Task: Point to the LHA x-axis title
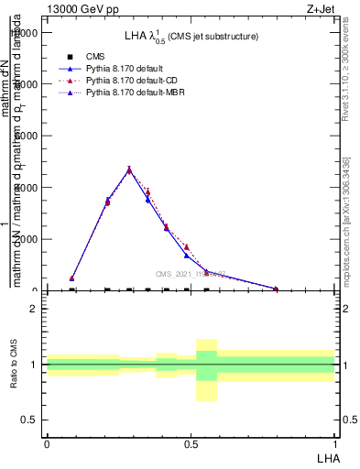(327, 456)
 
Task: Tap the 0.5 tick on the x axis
(191, 442)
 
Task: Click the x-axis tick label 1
(334, 442)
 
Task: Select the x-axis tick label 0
(47, 442)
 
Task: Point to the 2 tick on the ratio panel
(34, 309)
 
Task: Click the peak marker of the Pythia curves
(129, 169)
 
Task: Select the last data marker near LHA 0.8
(276, 289)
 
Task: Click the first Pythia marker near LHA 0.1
(72, 278)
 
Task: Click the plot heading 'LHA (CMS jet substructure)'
(191, 36)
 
